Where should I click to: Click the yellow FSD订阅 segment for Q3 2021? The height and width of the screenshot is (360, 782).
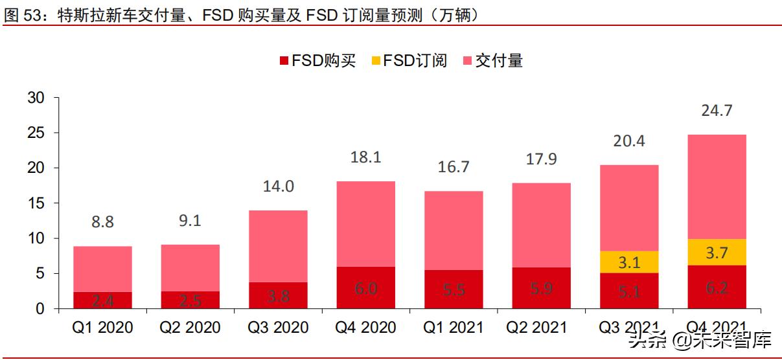(628, 262)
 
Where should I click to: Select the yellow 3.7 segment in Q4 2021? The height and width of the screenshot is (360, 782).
(717, 253)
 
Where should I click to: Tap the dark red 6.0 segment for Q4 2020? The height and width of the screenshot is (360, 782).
(365, 288)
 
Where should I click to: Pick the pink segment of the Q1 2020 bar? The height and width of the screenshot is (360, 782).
(102, 269)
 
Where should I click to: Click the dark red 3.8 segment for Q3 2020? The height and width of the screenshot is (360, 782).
(278, 296)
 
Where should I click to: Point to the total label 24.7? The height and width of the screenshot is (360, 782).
(717, 111)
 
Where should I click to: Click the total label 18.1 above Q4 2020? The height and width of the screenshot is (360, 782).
(365, 158)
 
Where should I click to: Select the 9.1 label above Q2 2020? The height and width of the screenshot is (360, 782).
(190, 221)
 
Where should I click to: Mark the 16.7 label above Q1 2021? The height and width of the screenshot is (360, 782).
(454, 167)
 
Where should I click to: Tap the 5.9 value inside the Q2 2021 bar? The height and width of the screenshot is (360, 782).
(541, 289)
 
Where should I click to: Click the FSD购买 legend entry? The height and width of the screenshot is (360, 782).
(317, 61)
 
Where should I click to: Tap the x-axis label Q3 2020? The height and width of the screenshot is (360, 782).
(278, 328)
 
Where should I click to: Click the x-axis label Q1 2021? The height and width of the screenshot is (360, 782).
(454, 328)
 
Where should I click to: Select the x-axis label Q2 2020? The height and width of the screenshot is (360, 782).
(190, 328)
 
